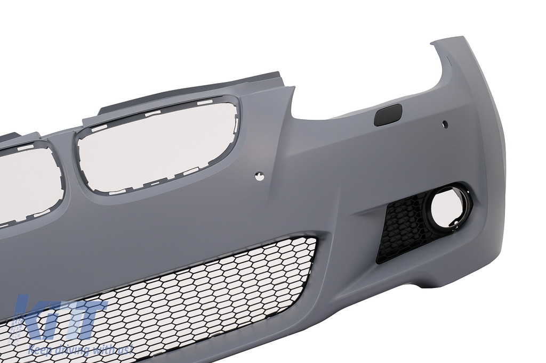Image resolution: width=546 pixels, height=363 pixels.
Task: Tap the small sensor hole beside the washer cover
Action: pos(445,123)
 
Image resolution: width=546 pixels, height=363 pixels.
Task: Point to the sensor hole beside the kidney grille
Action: pos(259,176)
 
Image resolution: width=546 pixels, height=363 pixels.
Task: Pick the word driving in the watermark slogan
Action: pos(72,349)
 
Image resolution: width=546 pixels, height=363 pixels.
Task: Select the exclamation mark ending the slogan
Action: pos(131,349)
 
